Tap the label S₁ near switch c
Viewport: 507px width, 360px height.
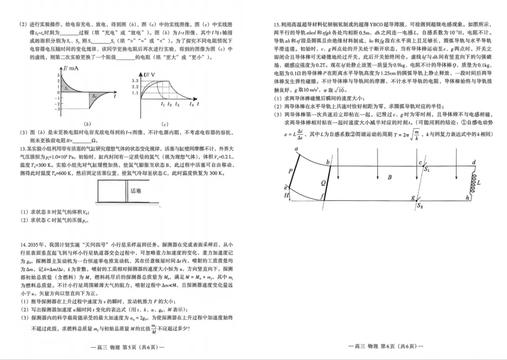pos(427,170)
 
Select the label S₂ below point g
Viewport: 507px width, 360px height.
pos(420,206)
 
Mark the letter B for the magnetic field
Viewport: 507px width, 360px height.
pos(390,178)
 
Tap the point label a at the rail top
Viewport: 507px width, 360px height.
pos(296,149)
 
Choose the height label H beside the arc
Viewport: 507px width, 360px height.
pos(287,195)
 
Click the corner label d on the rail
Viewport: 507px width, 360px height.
pos(474,162)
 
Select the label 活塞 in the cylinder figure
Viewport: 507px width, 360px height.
pos(136,191)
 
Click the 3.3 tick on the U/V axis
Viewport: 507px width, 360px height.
pos(135,81)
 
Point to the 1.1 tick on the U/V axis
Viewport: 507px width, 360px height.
pos(135,93)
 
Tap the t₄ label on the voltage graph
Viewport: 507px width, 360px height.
pos(192,104)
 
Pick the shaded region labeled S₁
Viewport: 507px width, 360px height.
pos(67,88)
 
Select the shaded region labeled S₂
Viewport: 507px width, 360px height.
pos(94,96)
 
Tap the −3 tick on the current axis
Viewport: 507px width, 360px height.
pos(58,109)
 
